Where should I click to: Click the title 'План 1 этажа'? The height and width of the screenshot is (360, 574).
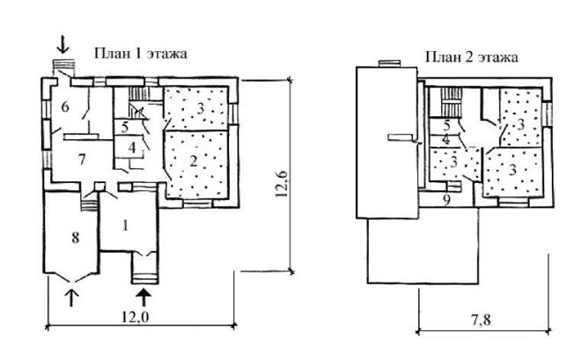pyautogui.click(x=141, y=54)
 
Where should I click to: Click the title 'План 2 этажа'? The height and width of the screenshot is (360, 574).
pyautogui.click(x=472, y=57)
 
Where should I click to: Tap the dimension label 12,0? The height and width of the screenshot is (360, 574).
pyautogui.click(x=135, y=317)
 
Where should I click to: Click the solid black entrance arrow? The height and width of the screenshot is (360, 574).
pyautogui.click(x=144, y=298)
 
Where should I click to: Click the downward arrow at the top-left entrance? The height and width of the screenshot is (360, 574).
pyautogui.click(x=63, y=45)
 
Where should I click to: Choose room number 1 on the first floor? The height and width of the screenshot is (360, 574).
pyautogui.click(x=126, y=225)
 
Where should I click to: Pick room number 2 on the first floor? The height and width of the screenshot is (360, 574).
pyautogui.click(x=194, y=161)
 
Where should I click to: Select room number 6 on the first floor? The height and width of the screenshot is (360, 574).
pyautogui.click(x=65, y=107)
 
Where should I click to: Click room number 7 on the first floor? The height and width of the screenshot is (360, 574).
pyautogui.click(x=82, y=159)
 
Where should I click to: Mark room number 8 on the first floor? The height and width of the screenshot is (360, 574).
pyautogui.click(x=75, y=239)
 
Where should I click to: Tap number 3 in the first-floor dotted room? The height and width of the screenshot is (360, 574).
pyautogui.click(x=200, y=108)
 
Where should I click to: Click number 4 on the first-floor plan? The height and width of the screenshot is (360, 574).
pyautogui.click(x=132, y=148)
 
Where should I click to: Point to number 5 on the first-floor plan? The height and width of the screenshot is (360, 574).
pyautogui.click(x=125, y=128)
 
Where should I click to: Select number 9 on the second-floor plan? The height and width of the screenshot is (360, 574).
pyautogui.click(x=446, y=201)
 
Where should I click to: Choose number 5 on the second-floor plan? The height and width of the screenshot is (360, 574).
pyautogui.click(x=446, y=126)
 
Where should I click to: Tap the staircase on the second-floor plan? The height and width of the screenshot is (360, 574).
pyautogui.click(x=450, y=102)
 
